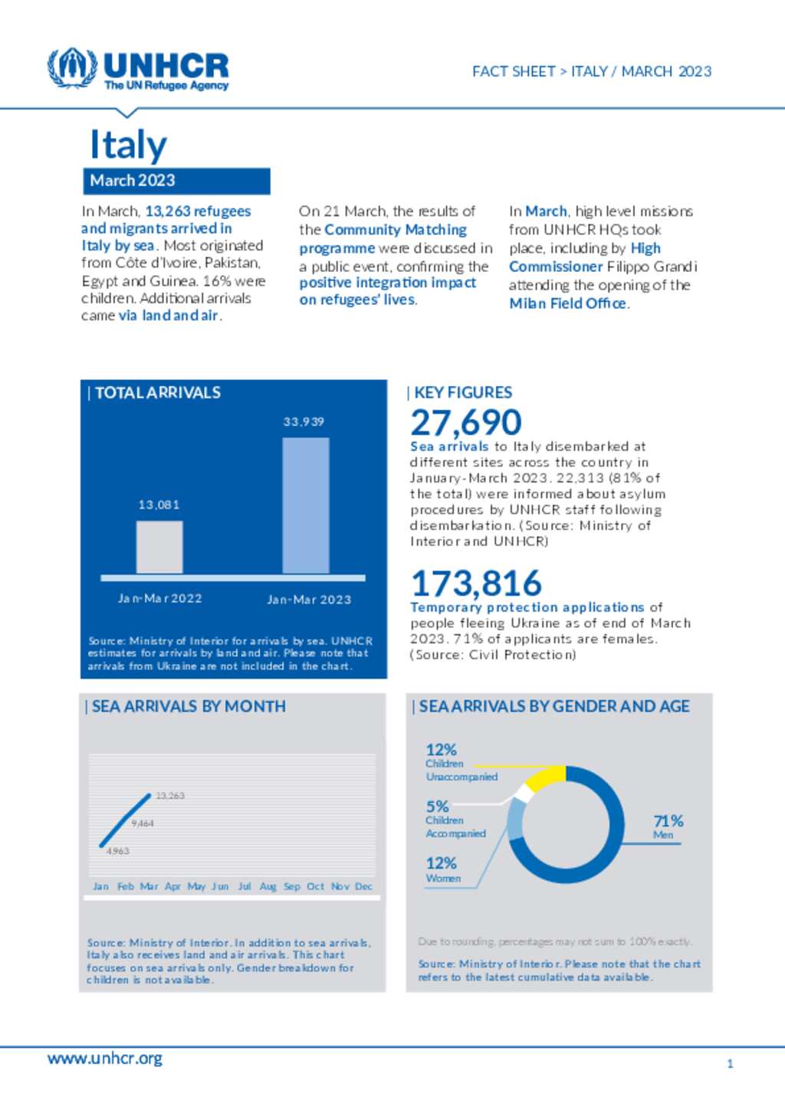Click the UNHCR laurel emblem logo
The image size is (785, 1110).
coord(72,68)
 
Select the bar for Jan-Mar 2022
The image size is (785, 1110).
coord(159,547)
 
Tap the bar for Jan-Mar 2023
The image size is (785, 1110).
coord(305,506)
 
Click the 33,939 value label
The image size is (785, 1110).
coord(304,421)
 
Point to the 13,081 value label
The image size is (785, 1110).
coord(159,505)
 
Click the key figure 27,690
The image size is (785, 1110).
coord(465,423)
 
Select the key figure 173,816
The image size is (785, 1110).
coord(476,583)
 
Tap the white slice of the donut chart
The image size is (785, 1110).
coord(523,792)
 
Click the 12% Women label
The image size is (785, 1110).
coord(442,869)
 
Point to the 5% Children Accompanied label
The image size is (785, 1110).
coord(455,819)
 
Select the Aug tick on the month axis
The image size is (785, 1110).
coord(268,886)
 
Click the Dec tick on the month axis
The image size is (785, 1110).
coord(363,886)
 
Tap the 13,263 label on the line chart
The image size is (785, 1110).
coord(170,796)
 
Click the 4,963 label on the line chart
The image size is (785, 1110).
coord(117,851)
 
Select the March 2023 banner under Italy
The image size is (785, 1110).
coord(176,181)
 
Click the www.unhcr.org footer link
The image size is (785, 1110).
coord(104,1058)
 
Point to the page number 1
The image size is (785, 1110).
coord(730,1063)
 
